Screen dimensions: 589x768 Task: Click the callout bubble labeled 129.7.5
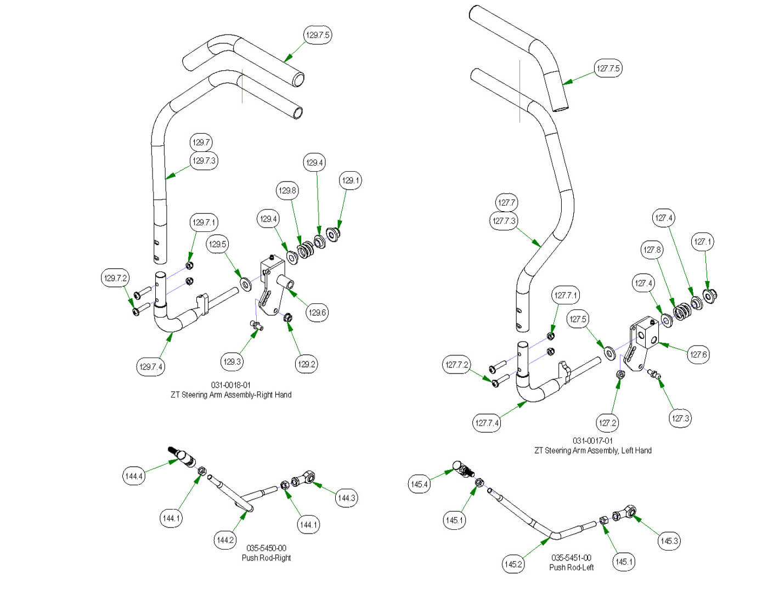pos(318,35)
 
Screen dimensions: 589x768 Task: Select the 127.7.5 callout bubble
pos(608,69)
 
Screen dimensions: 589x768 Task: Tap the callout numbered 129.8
pos(287,191)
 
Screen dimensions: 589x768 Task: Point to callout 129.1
pos(351,180)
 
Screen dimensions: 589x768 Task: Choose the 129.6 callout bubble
pos(317,313)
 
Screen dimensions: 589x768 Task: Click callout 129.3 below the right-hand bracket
pos(232,361)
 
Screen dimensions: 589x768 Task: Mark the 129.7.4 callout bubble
pos(151,366)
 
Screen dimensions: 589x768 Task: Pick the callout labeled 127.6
pos(698,354)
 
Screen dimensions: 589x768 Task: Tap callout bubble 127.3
pos(680,418)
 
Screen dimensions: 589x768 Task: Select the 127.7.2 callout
pos(457,365)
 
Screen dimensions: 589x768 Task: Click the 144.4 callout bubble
pos(134,476)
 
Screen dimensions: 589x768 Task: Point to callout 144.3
pos(346,498)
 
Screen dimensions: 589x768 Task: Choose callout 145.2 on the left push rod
pos(513,564)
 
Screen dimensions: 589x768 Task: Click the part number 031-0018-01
pos(231,385)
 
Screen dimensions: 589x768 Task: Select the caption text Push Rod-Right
pos(266,558)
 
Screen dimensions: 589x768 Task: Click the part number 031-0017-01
pos(593,440)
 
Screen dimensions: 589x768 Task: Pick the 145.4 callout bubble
pos(420,484)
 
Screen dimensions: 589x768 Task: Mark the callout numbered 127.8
pos(652,250)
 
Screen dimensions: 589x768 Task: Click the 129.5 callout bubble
pos(217,245)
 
